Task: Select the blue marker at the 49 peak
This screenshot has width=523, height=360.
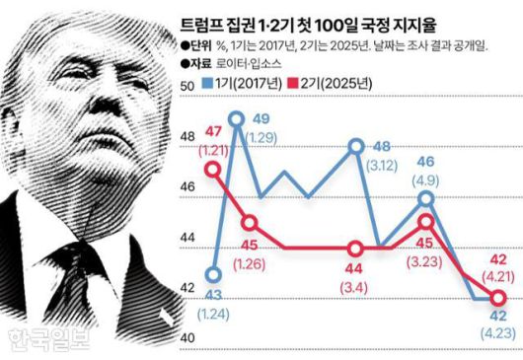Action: [x=235, y=119]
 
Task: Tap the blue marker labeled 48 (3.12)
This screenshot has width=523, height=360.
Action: [x=355, y=145]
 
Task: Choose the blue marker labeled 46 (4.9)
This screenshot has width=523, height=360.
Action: [x=425, y=198]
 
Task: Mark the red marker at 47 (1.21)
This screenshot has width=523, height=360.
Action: [x=211, y=169]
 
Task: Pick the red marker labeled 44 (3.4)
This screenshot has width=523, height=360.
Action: [x=354, y=249]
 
